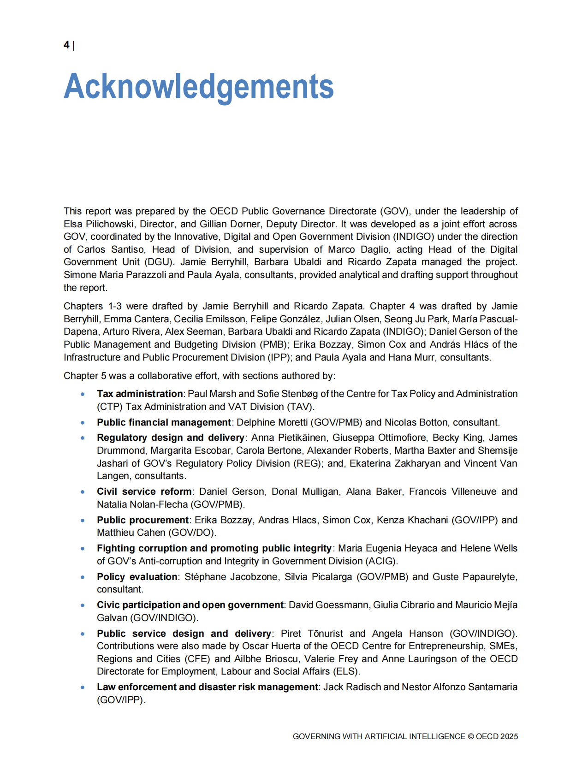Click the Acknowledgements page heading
coord(198,86)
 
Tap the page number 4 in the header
coord(66,45)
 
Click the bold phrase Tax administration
coord(140,394)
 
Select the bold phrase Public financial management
coord(164,422)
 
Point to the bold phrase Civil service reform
coord(144,492)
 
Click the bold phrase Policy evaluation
coord(137,577)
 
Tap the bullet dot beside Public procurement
coord(83,521)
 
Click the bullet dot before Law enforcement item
coord(83,687)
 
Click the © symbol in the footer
coord(470,736)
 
